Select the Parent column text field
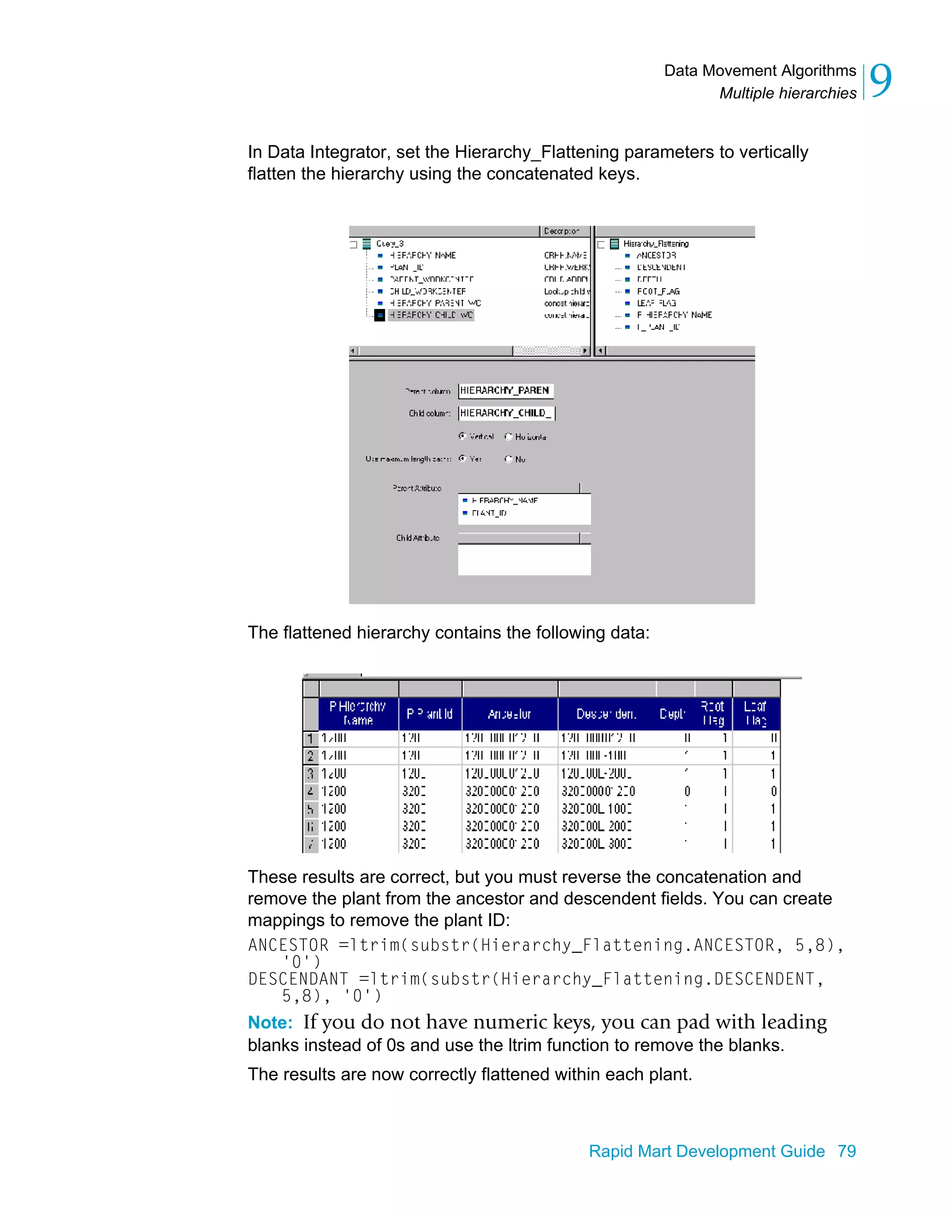click(505, 390)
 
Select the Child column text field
click(506, 413)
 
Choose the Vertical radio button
click(462, 436)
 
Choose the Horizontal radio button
click(508, 437)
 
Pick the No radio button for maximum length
click(508, 459)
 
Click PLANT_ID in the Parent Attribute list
click(489, 513)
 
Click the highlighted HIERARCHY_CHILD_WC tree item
click(430, 315)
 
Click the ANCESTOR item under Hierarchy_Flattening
click(656, 255)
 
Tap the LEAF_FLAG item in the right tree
click(656, 303)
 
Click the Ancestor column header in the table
click(509, 714)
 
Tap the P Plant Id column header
click(429, 714)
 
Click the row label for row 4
click(310, 791)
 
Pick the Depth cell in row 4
click(687, 791)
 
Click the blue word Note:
click(270, 1022)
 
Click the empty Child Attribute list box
click(524, 559)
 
